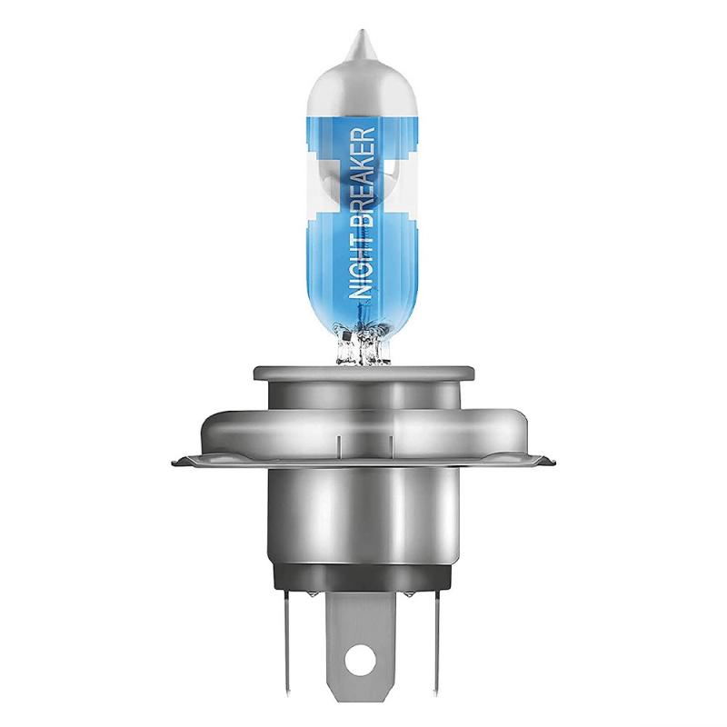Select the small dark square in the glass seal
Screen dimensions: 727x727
345,334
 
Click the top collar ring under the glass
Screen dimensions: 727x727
364,373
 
